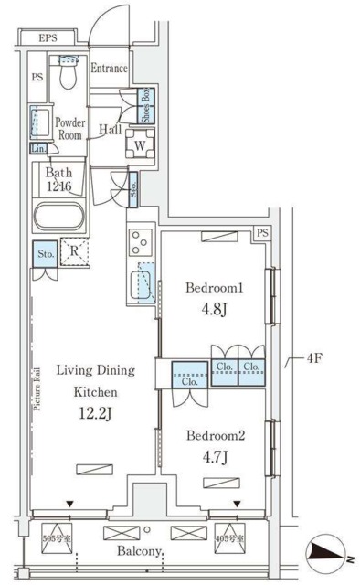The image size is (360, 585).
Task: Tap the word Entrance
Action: tap(110, 69)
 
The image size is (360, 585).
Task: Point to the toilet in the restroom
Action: tap(67, 72)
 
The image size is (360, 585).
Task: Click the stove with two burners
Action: tap(142, 242)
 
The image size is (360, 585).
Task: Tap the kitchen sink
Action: tap(141, 283)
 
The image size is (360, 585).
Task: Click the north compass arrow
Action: tap(329, 551)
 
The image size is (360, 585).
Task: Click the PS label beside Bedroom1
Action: tap(261, 234)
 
